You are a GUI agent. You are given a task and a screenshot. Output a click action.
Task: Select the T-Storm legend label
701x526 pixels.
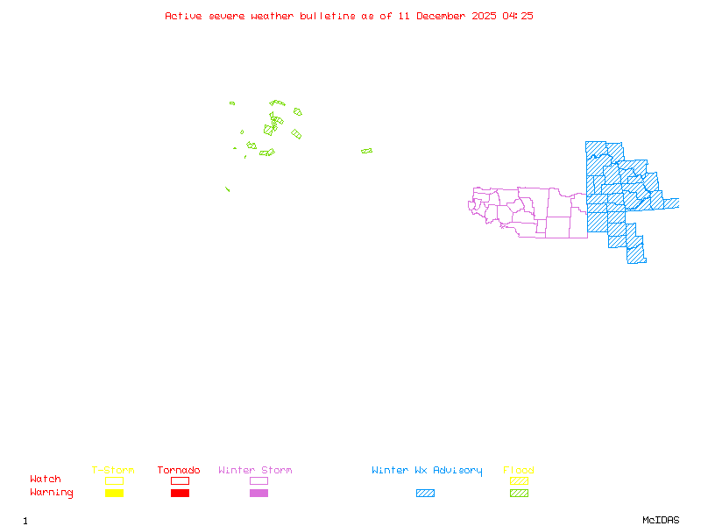113,471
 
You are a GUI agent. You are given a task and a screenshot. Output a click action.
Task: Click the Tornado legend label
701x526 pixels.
179,471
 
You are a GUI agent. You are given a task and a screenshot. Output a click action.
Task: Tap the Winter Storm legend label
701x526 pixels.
255,471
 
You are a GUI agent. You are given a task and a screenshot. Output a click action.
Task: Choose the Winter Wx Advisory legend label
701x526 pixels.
427,471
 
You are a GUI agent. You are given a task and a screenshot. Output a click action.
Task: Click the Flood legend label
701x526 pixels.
519,471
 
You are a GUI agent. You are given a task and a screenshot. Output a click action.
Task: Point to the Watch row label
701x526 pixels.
46,480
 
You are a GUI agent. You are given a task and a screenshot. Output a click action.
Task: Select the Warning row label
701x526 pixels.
52,493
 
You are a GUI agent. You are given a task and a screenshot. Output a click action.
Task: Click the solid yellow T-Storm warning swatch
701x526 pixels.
114,494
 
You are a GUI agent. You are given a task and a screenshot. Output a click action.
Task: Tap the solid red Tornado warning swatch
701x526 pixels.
180,494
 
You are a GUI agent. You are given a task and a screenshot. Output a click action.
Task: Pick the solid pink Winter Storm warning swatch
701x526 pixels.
258,494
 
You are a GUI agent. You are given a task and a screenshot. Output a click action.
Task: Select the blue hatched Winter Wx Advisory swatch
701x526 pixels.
425,494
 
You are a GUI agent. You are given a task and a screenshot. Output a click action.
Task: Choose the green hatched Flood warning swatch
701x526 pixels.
519,494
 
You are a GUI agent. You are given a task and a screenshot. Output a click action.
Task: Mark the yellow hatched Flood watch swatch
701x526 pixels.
519,480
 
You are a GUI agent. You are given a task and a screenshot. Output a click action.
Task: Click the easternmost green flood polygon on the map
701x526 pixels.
366,151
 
